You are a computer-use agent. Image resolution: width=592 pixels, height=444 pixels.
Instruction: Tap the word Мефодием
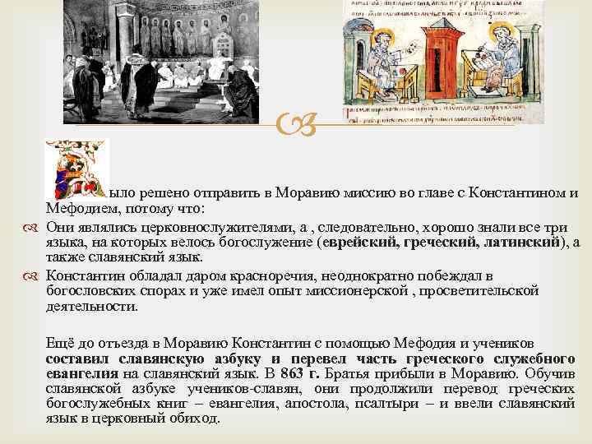coord(77,209)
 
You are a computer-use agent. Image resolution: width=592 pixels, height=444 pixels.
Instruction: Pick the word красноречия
coord(251,275)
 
